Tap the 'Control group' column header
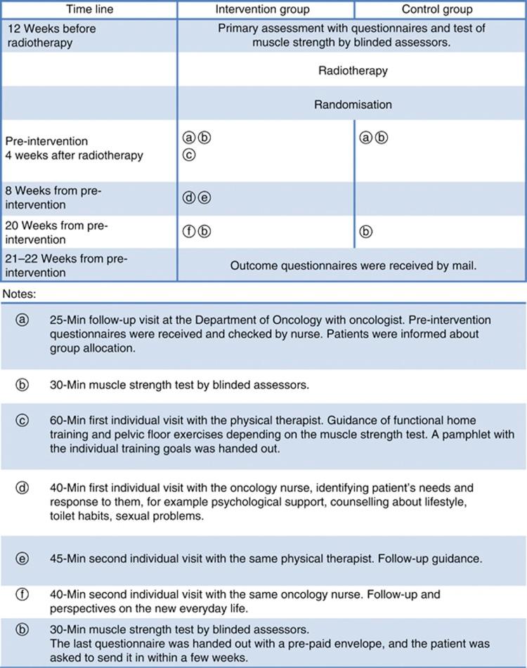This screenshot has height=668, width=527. point(436,10)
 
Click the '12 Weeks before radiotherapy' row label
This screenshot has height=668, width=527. point(50,35)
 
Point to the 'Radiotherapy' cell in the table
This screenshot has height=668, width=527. point(352,71)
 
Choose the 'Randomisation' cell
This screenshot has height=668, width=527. point(352,105)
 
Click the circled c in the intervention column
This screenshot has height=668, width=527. point(188,154)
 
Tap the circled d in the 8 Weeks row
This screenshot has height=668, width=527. point(188,198)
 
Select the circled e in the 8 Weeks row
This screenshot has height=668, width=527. point(204,198)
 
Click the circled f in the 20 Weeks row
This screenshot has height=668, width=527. point(188,231)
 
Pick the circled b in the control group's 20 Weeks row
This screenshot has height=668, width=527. point(365,231)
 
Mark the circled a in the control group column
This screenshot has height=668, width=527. point(365,138)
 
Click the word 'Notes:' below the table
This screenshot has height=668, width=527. point(20,291)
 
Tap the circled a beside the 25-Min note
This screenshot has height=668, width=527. point(22,320)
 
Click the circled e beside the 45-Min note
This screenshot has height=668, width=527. point(22,559)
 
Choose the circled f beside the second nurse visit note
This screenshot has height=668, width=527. point(22,594)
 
